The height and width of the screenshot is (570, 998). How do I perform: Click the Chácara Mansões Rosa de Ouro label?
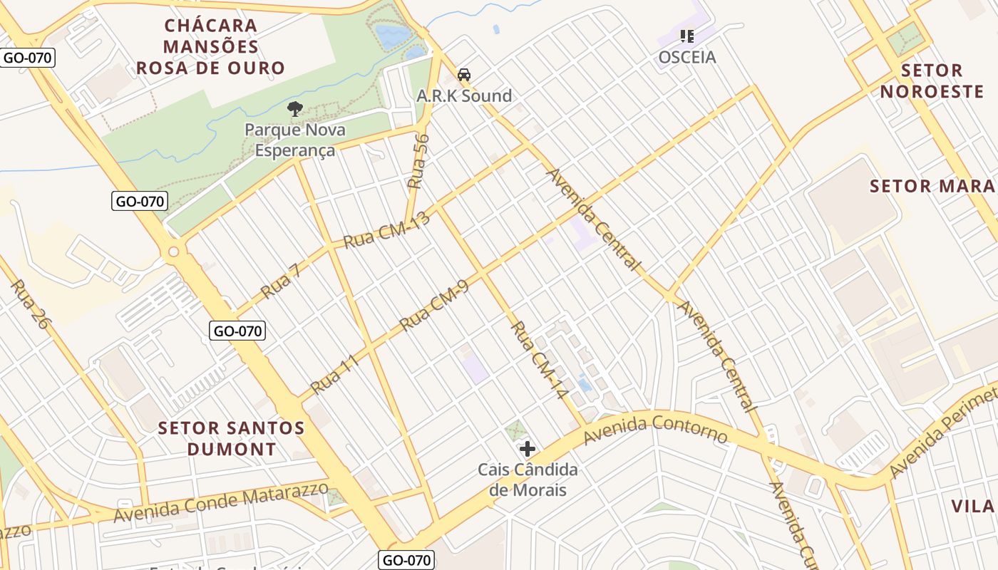pyautogui.click(x=210, y=47)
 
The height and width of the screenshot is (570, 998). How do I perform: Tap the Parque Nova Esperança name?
pyautogui.click(x=294, y=140)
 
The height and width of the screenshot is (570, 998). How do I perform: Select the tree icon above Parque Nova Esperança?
pyautogui.click(x=294, y=109)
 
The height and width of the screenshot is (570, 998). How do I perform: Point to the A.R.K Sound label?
pyautogui.click(x=464, y=96)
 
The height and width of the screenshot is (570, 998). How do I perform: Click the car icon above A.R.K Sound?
pyautogui.click(x=464, y=75)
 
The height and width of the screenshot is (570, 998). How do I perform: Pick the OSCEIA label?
pyautogui.click(x=686, y=57)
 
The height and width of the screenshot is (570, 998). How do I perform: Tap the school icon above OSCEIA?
pyautogui.click(x=687, y=36)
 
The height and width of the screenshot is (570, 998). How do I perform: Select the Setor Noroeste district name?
pyautogui.click(x=932, y=81)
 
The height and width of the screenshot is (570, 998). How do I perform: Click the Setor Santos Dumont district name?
pyautogui.click(x=231, y=439)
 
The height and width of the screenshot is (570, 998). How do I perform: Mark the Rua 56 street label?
pyautogui.click(x=419, y=161)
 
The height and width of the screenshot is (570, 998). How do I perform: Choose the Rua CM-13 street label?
pyautogui.click(x=387, y=230)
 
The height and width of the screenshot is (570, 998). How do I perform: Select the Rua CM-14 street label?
pyautogui.click(x=538, y=361)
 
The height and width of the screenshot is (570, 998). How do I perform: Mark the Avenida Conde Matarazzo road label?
pyautogui.click(x=222, y=502)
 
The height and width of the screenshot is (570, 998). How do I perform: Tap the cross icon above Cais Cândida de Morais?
pyautogui.click(x=528, y=449)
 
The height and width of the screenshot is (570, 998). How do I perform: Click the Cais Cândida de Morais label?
pyautogui.click(x=528, y=480)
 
